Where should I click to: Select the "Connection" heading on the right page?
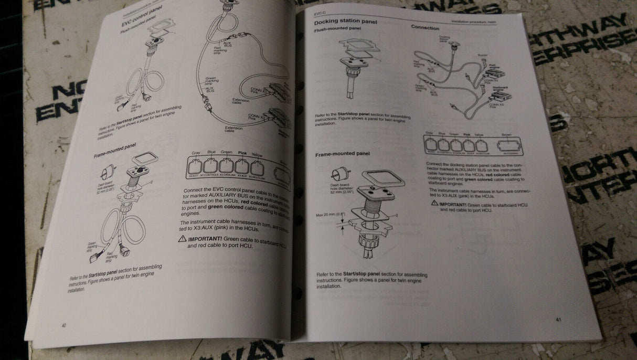(425, 27)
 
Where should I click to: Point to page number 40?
(64, 325)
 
